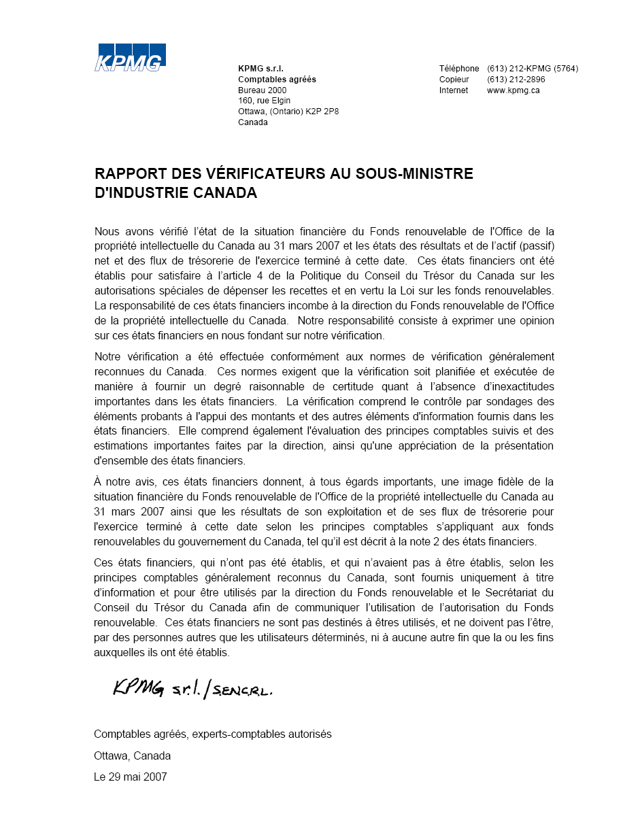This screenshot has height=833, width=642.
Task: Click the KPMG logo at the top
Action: point(130,57)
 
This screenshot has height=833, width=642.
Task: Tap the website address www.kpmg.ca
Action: point(513,90)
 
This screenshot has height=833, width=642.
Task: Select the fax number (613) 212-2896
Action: point(516,80)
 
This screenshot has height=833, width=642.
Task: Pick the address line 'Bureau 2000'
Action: point(262,90)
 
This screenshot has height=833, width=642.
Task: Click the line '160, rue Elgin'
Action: point(264,101)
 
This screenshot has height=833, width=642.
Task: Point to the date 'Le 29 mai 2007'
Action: point(130,777)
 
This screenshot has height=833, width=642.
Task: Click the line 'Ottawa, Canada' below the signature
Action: point(132,756)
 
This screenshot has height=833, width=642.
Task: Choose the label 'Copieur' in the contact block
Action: point(454,80)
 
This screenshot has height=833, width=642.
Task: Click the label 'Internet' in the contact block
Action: point(454,90)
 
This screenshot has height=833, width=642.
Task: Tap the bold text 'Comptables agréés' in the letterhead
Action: point(277,80)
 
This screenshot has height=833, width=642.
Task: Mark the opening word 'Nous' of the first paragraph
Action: point(106,232)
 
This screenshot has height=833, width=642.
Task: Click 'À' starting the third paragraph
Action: point(98,482)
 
